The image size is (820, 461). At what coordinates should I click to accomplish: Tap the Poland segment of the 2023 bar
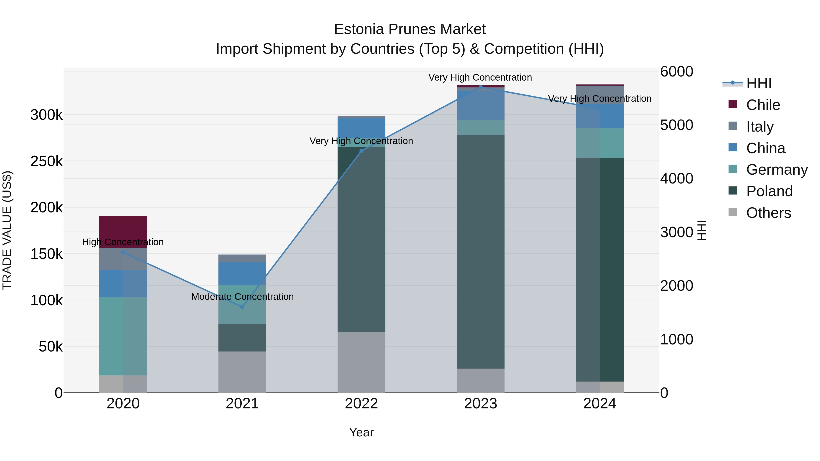(x=480, y=251)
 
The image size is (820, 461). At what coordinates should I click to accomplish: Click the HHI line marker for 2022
(x=361, y=151)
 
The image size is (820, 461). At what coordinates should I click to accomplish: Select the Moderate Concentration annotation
(x=242, y=296)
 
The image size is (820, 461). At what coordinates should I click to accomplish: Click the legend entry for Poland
(x=769, y=191)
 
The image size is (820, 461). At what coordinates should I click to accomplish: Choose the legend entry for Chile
(x=763, y=105)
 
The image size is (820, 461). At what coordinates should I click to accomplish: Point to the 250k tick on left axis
(x=46, y=161)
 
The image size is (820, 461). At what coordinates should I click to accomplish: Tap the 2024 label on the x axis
(x=600, y=404)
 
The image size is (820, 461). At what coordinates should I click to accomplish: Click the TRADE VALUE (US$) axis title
(x=7, y=230)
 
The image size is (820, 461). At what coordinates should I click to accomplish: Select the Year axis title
(x=361, y=432)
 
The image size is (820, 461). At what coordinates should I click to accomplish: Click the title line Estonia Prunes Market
(x=410, y=29)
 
